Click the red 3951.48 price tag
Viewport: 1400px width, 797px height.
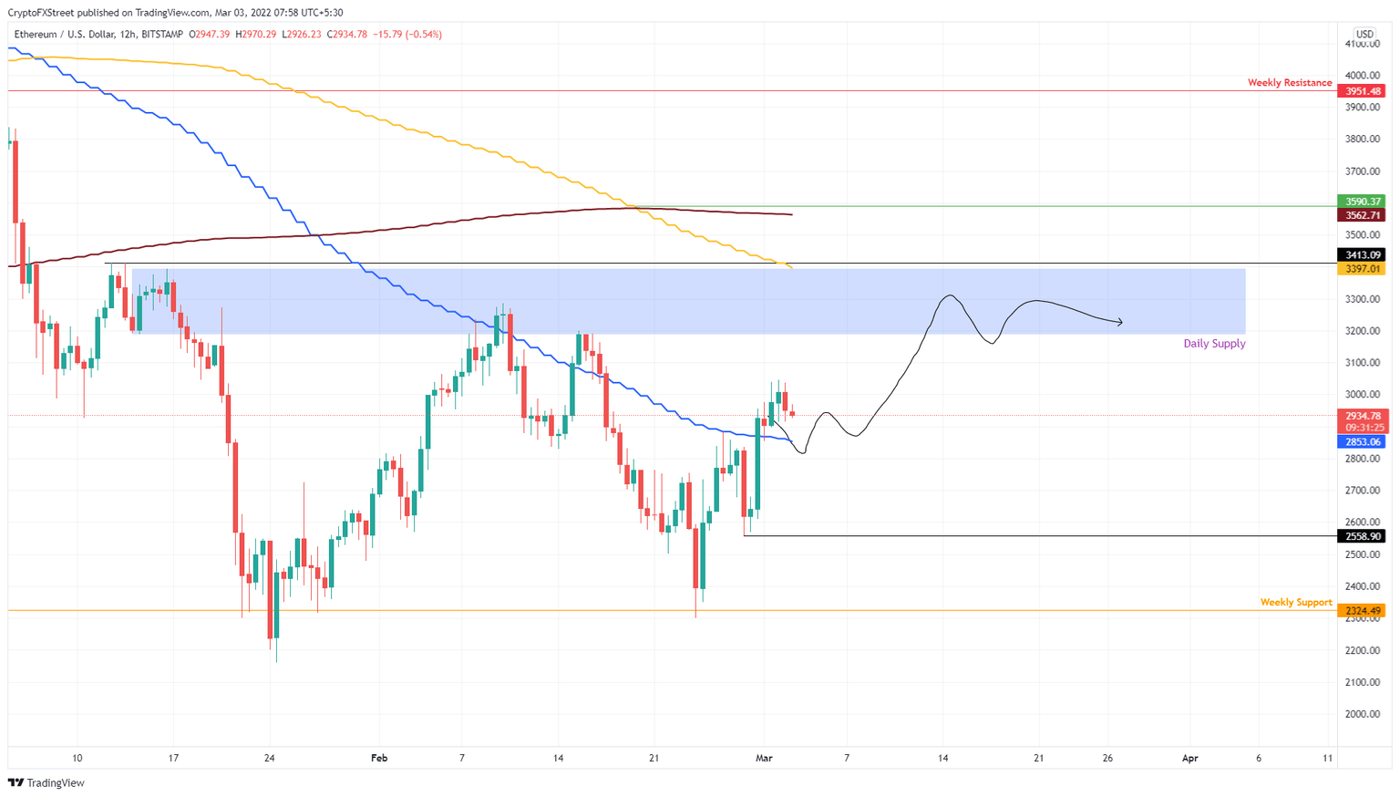[x=1361, y=91]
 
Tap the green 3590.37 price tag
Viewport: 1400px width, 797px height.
[x=1361, y=202]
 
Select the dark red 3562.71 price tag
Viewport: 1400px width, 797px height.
[x=1361, y=215]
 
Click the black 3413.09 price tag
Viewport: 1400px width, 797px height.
[x=1361, y=255]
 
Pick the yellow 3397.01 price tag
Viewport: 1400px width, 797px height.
[x=1361, y=269]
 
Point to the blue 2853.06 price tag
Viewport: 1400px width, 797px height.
[x=1361, y=442]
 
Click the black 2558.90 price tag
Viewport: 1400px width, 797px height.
[x=1361, y=536]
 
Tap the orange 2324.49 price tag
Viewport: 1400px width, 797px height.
[x=1361, y=611]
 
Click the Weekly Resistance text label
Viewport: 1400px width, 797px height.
[x=1289, y=83]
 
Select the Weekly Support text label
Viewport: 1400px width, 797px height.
[x=1295, y=603]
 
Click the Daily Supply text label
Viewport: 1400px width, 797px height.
[x=1214, y=344]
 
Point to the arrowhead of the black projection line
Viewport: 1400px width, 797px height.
[x=1120, y=322]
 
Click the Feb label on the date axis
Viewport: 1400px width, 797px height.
[x=379, y=758]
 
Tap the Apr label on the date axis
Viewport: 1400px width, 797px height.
[x=1189, y=758]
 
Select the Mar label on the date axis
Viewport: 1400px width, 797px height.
[x=764, y=758]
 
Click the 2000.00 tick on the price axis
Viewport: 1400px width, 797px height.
[x=1363, y=714]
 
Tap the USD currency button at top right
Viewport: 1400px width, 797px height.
[x=1364, y=34]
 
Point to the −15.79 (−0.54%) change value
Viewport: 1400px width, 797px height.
[x=407, y=35]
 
